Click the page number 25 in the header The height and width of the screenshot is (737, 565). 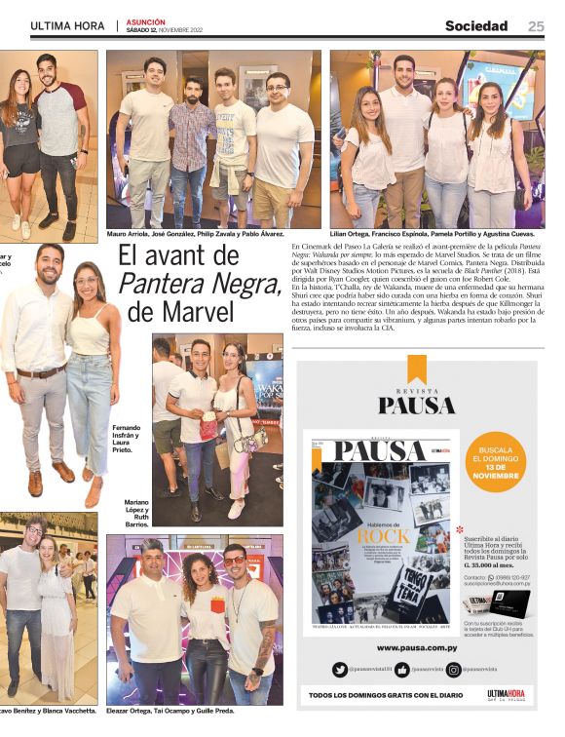pyautogui.click(x=536, y=26)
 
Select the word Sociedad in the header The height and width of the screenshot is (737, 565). pyautogui.click(x=476, y=26)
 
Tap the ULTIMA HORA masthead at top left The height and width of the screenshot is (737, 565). pyautogui.click(x=67, y=26)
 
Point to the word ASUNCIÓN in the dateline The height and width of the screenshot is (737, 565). pyautogui.click(x=146, y=21)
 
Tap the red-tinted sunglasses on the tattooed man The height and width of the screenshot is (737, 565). pyautogui.click(x=235, y=561)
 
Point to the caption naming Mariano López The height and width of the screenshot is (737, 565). pyautogui.click(x=136, y=513)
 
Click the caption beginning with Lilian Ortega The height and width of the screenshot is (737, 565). pyautogui.click(x=433, y=234)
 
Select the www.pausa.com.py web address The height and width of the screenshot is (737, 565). pyautogui.click(x=414, y=647)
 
